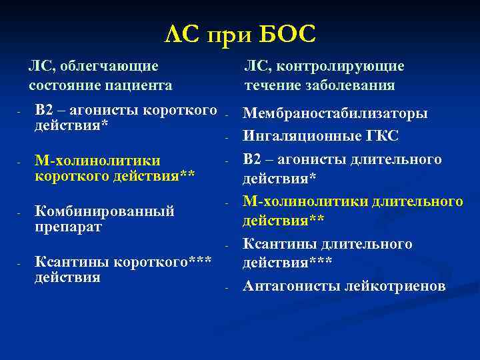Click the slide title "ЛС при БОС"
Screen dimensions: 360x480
tap(239, 34)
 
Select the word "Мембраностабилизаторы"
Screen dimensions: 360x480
tap(335, 113)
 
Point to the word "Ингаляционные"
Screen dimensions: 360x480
tap(294, 136)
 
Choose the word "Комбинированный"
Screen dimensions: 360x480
tap(104, 211)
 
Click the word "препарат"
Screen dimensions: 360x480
tap(68, 227)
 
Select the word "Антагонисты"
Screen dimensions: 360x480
tap(281, 286)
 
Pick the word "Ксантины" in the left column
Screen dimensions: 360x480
tap(64, 261)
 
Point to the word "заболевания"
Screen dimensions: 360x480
tap(355, 85)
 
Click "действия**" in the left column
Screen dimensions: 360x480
tap(153, 176)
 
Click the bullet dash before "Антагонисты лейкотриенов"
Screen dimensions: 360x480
tap(227, 287)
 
